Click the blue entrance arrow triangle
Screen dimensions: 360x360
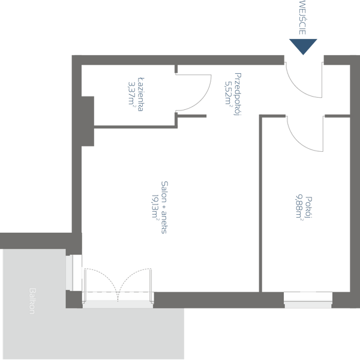302,46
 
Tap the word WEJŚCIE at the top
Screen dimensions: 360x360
302,18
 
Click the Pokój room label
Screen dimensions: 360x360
308,208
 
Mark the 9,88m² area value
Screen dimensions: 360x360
299,208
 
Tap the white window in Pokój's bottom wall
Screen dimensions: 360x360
308,298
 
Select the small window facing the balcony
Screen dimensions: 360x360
74,271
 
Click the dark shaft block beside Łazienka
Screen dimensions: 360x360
88,120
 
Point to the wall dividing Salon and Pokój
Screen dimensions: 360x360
262,204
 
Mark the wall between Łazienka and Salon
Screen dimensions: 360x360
135,126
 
